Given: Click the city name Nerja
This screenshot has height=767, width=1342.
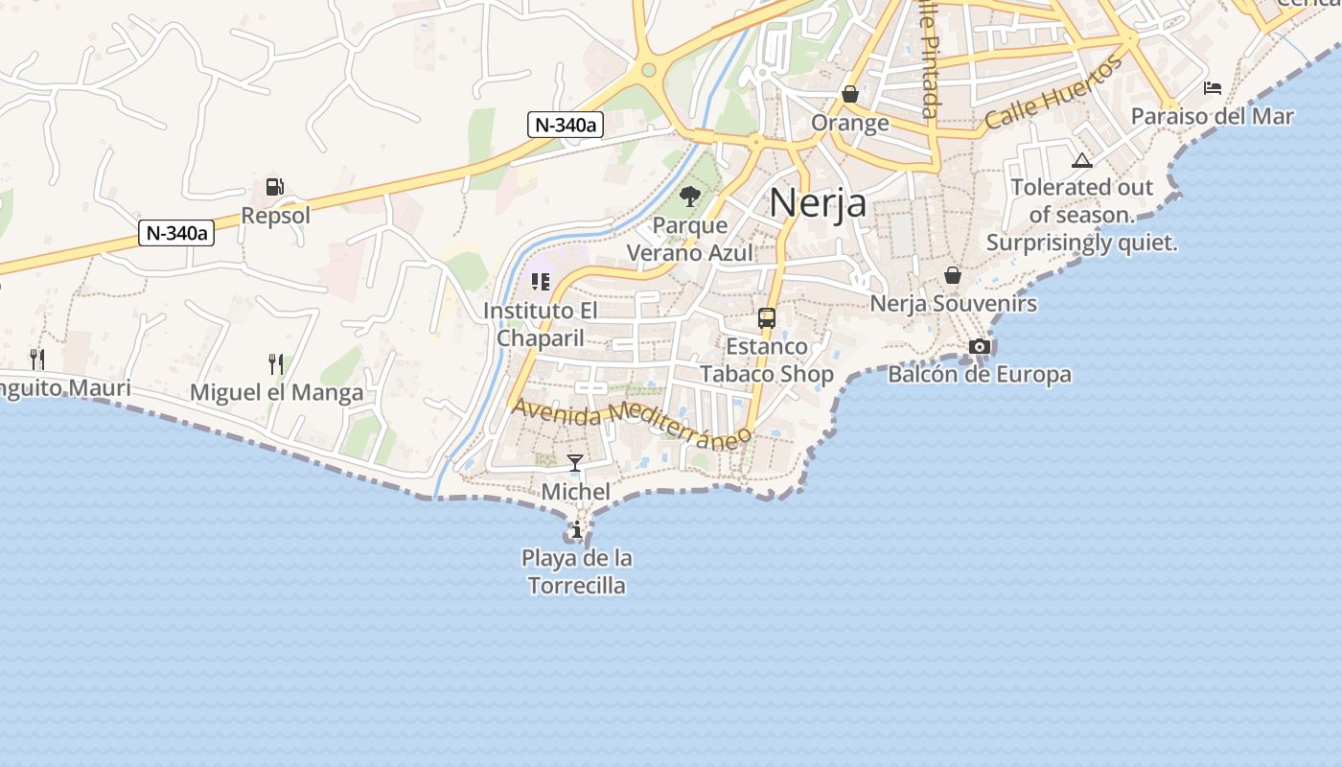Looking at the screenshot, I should (x=818, y=202).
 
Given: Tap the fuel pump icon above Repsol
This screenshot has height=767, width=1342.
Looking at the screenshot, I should (x=275, y=187).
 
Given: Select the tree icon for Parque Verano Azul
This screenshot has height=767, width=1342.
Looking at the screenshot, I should (x=689, y=198).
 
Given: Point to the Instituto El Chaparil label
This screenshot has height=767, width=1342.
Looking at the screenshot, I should (x=541, y=324).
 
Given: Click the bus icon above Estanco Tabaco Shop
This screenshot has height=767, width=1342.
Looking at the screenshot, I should (x=767, y=318).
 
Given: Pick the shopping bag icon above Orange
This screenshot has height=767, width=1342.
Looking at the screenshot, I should (x=850, y=94).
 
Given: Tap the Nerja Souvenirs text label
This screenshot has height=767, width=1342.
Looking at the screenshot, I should (x=953, y=304).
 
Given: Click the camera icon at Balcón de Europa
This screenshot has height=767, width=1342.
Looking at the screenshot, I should (x=979, y=346).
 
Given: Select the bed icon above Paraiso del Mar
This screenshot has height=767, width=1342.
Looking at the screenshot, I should (x=1213, y=88).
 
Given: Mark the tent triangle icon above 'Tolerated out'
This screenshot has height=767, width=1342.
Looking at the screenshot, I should (x=1082, y=160).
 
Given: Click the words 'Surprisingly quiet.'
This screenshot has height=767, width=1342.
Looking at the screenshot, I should (x=1081, y=244).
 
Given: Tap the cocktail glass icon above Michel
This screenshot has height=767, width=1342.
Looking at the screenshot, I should (x=575, y=463).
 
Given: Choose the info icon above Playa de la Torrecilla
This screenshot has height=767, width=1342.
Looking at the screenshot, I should (x=576, y=529).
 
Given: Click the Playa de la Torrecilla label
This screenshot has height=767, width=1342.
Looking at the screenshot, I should (x=577, y=571).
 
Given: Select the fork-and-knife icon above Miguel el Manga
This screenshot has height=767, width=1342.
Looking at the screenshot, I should (x=276, y=363).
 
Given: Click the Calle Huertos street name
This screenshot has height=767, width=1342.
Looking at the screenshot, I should (x=1053, y=93).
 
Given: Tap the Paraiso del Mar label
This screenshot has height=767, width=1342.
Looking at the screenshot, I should (x=1212, y=117).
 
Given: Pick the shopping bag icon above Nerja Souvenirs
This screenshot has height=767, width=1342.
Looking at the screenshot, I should (x=953, y=275).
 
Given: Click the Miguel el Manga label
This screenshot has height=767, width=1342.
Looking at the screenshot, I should (x=276, y=392).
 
